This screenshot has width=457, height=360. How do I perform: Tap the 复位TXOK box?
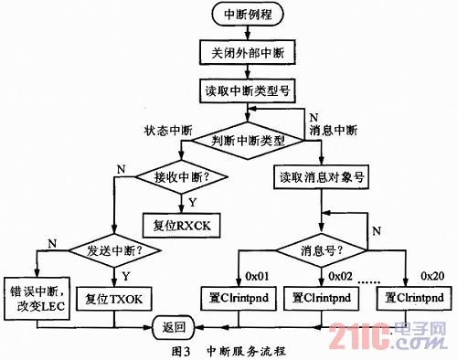(x=116, y=297)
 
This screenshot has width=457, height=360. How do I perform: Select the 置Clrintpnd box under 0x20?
(x=417, y=297)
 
